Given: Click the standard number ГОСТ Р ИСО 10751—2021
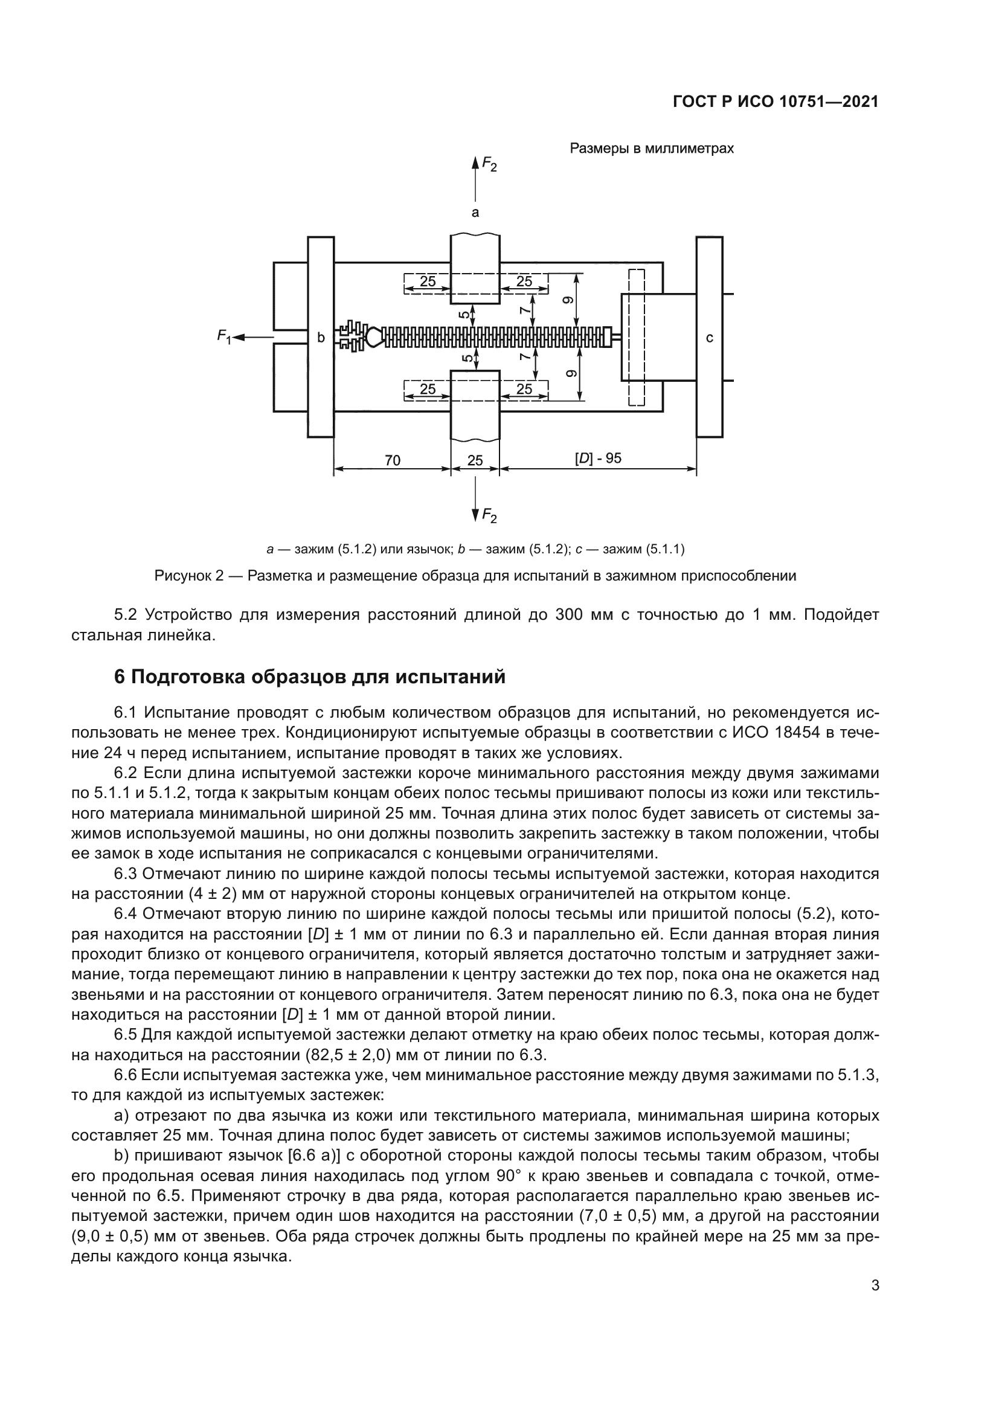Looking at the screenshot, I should tap(776, 102).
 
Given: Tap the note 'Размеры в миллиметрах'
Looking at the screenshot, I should tap(652, 149).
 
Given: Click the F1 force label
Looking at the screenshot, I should tap(224, 336).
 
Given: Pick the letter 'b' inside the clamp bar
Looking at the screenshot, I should tap(321, 337).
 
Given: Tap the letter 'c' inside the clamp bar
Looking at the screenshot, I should tap(709, 337).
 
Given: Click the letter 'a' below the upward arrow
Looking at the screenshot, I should tap(475, 213).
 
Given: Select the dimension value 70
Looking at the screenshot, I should tap(393, 460).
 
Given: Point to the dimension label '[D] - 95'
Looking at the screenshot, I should tap(598, 459).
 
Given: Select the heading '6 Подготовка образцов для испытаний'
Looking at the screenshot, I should tap(310, 677).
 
